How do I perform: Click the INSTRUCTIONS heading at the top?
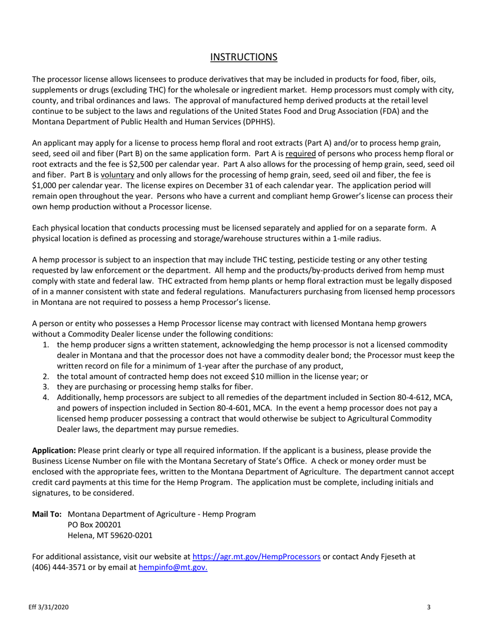(x=244, y=56)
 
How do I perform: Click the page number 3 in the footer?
(x=429, y=607)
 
